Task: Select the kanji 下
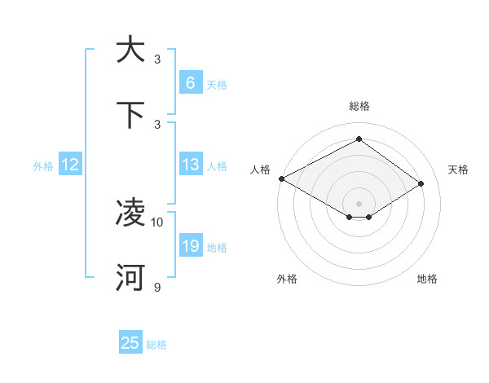[x=130, y=115]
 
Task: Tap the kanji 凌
[x=130, y=213]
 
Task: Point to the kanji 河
[x=130, y=278]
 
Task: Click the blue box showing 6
[x=190, y=82]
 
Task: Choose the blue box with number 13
[x=190, y=165]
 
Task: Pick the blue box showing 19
[x=190, y=246]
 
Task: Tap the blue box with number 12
[x=69, y=165]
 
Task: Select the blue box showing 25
[x=130, y=343]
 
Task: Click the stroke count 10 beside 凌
[x=157, y=222]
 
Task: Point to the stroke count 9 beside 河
[x=157, y=287]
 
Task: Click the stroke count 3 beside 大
[x=157, y=59]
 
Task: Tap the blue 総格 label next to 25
[x=156, y=345]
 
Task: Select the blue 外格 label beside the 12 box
[x=42, y=165]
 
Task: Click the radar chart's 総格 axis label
[x=359, y=106]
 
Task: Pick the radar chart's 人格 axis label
[x=261, y=169]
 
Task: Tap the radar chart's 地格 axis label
[x=427, y=279]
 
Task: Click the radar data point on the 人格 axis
[x=281, y=178]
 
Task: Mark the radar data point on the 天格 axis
[x=421, y=184]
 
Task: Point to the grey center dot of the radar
[x=359, y=203]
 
